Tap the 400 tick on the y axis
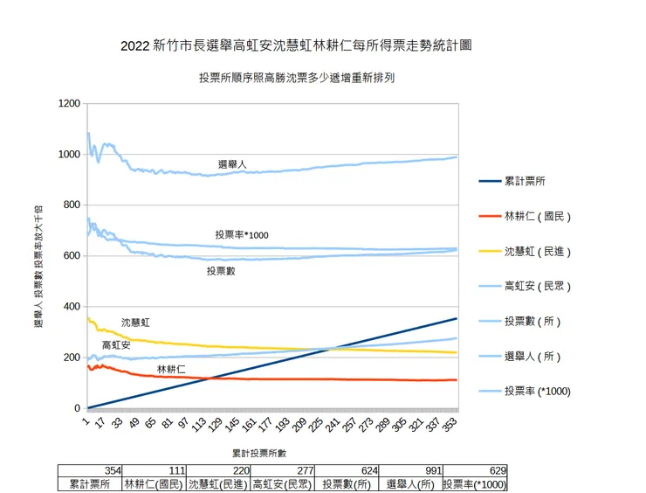[72, 307]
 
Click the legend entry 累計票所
[526, 181]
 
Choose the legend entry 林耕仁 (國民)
[537, 216]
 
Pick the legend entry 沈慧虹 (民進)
[537, 252]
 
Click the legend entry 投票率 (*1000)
[537, 392]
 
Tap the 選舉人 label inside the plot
[232, 164]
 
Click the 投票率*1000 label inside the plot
[242, 235]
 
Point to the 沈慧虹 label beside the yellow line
[135, 323]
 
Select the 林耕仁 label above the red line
[171, 370]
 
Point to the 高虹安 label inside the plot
[116, 345]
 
